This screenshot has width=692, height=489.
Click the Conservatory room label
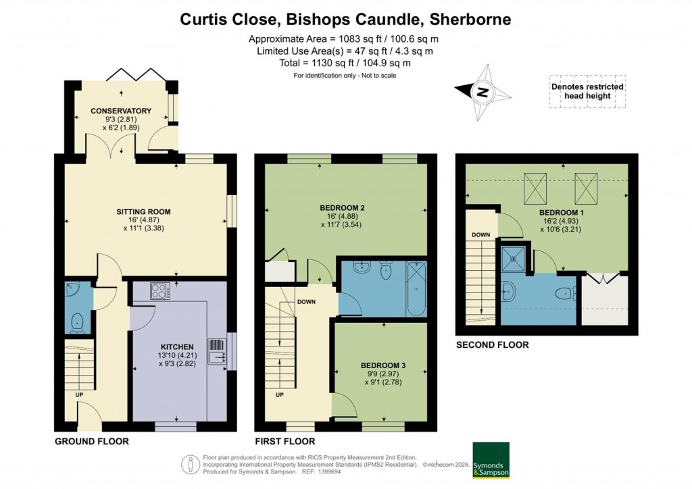(x=122, y=111)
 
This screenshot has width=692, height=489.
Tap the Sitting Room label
(x=143, y=211)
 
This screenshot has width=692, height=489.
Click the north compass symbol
(x=483, y=93)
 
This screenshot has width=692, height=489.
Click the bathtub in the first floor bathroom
(x=416, y=288)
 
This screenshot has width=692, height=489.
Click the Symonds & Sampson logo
(x=491, y=461)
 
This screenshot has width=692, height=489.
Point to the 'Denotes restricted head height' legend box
(x=587, y=92)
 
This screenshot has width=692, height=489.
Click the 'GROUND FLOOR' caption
(x=91, y=441)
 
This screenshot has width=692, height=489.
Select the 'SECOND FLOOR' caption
(x=492, y=345)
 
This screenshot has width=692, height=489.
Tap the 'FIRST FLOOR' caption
(x=285, y=441)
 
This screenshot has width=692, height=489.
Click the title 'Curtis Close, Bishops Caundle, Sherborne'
(x=345, y=19)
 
